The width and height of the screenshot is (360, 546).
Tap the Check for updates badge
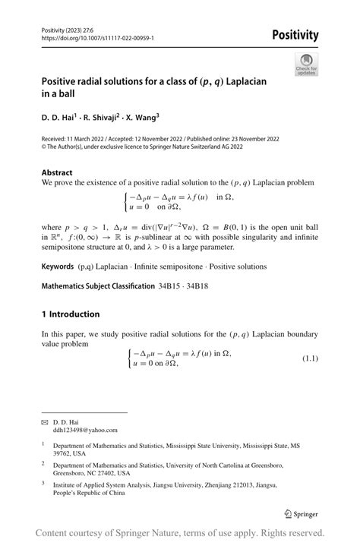pyautogui.click(x=307, y=64)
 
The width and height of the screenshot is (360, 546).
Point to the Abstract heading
pyautogui.click(x=58, y=172)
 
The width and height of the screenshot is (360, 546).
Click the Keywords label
pyautogui.click(x=60, y=267)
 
